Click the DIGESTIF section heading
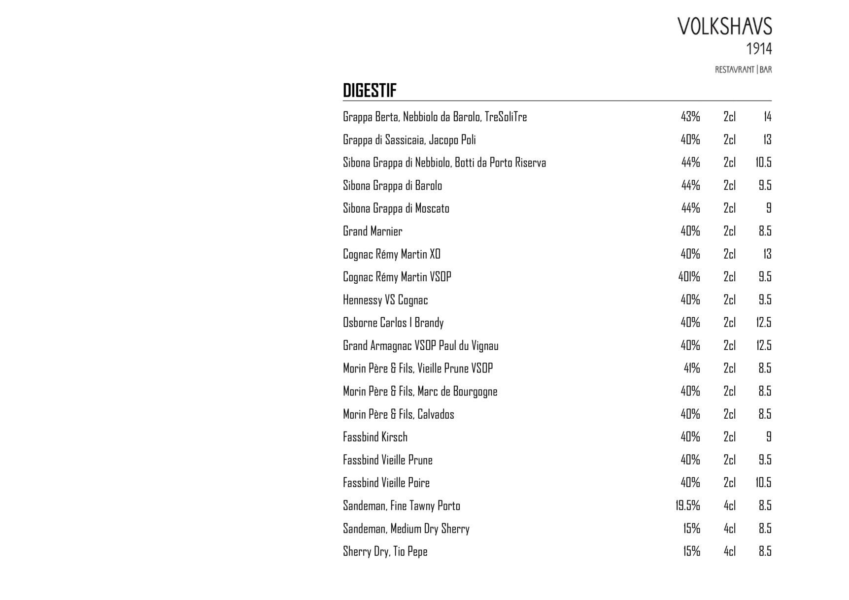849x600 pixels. pyautogui.click(x=370, y=91)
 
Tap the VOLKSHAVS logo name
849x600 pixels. pyautogui.click(x=724, y=27)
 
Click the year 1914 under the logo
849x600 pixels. pyautogui.click(x=759, y=49)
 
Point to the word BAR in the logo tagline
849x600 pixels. pyautogui.click(x=766, y=70)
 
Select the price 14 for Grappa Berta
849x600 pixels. pyautogui.click(x=767, y=117)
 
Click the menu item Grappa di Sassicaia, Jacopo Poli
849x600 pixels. pyautogui.click(x=409, y=140)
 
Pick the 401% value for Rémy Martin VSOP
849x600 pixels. pyautogui.click(x=689, y=277)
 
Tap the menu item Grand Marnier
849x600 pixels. pyautogui.click(x=373, y=232)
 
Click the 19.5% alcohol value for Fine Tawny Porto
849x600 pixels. pyautogui.click(x=688, y=506)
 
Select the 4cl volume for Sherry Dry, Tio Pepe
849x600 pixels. pyautogui.click(x=729, y=552)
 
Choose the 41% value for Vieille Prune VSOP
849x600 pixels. pyautogui.click(x=692, y=368)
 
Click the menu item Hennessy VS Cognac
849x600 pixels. pyautogui.click(x=385, y=300)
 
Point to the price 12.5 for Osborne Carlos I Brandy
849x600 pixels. pyautogui.click(x=764, y=323)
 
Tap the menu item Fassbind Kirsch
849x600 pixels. pyautogui.click(x=375, y=437)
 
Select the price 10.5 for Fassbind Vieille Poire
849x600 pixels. pyautogui.click(x=763, y=483)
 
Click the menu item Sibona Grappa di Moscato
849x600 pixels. pyautogui.click(x=396, y=209)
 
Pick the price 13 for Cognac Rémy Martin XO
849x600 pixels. pyautogui.click(x=767, y=255)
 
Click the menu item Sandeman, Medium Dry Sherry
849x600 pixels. pyautogui.click(x=406, y=529)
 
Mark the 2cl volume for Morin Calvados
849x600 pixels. pyautogui.click(x=729, y=414)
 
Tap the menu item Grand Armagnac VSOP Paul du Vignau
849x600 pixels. pyautogui.click(x=420, y=346)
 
